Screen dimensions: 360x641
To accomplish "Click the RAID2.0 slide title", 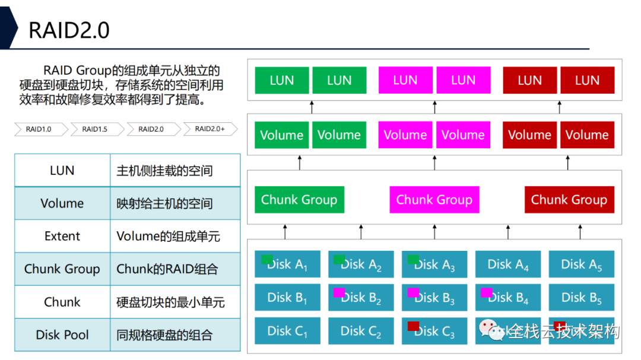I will [69, 30].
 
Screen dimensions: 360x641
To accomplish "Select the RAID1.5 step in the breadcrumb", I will [95, 129].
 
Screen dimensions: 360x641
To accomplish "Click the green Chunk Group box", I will [299, 200].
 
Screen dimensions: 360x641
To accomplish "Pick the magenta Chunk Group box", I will [434, 200].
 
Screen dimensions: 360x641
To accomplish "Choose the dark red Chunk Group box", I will [569, 200].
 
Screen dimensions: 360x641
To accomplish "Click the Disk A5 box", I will [581, 265].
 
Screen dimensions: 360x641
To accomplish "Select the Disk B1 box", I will [287, 298].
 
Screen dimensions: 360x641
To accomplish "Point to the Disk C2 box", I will [360, 331].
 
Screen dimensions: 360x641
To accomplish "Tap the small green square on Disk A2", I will [339, 260].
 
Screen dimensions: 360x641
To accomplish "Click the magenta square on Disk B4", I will [486, 292].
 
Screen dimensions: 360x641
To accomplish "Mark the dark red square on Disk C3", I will [413, 326].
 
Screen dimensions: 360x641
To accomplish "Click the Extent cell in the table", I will [62, 236].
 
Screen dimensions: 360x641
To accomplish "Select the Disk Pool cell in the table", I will [62, 334].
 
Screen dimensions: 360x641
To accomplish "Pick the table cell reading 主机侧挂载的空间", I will [174, 171].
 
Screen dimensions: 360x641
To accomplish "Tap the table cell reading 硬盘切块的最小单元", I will [174, 302].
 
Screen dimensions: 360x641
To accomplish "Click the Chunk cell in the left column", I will [62, 302].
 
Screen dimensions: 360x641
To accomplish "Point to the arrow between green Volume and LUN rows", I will [312, 107].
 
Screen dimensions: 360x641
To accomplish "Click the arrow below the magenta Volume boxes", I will [434, 161].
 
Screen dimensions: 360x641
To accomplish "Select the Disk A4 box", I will [508, 265].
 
